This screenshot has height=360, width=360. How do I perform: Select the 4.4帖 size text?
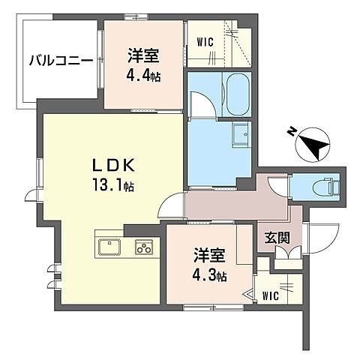pos(145,76)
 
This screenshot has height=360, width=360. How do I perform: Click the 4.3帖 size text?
pos(209,274)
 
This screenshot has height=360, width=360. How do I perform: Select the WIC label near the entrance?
pos(271,295)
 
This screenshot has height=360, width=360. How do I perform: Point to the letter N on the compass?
pos(291,132)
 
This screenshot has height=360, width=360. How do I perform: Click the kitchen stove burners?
pos(143,247)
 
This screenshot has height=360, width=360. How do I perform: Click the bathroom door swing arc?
pos(201,103)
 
